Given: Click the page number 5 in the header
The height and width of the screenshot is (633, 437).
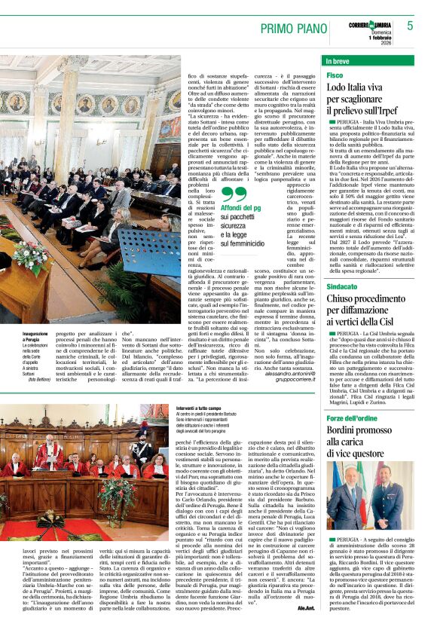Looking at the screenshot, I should pyautogui.click(x=411, y=26).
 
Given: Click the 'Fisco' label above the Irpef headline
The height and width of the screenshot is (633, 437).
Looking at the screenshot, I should pyautogui.click(x=335, y=75).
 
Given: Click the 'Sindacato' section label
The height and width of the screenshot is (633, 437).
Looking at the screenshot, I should pyautogui.click(x=343, y=265).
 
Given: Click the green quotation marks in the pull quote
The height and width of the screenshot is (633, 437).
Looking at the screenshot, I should pyautogui.click(x=229, y=197).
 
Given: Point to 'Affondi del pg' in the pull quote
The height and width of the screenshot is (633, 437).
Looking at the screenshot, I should pyautogui.click(x=240, y=208).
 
